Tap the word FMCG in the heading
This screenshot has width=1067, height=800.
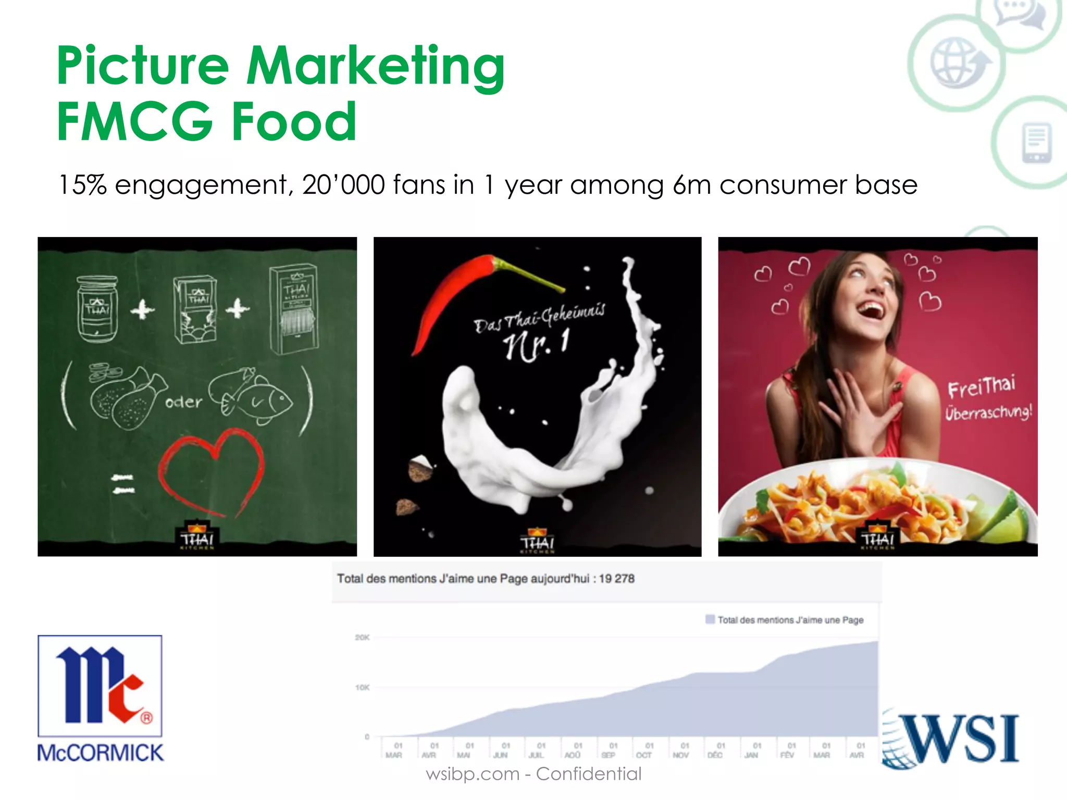[134, 122]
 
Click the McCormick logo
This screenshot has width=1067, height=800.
[100, 698]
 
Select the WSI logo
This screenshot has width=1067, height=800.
[951, 739]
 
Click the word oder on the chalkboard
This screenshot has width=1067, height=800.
[183, 402]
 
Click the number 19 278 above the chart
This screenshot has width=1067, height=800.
[616, 579]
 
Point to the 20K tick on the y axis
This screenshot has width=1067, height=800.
[362, 637]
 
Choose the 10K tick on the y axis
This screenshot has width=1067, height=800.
[362, 687]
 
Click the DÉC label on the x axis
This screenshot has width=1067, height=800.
[715, 755]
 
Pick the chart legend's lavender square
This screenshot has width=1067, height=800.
[710, 619]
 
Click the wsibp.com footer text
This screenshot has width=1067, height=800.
[472, 774]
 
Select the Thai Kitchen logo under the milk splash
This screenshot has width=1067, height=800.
[537, 542]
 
